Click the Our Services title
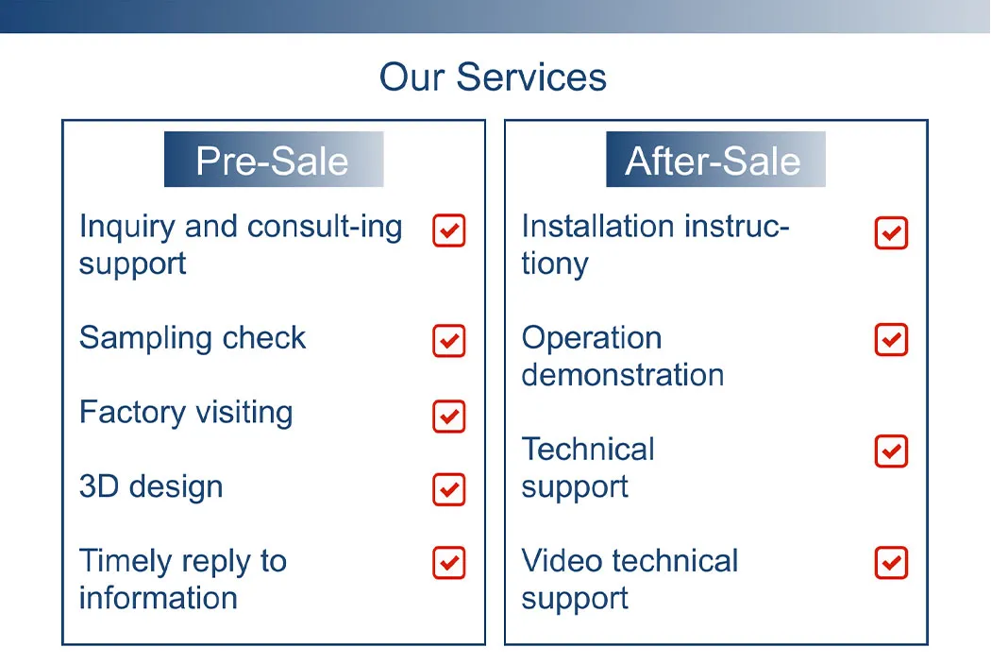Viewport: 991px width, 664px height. pyautogui.click(x=493, y=77)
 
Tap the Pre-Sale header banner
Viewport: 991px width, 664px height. pyautogui.click(x=273, y=161)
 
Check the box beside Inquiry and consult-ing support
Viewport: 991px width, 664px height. pyautogui.click(x=449, y=230)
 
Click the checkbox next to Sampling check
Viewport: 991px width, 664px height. pyautogui.click(x=449, y=341)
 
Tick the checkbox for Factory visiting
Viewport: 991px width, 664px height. pyautogui.click(x=449, y=416)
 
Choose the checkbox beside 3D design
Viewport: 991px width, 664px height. pyautogui.click(x=449, y=489)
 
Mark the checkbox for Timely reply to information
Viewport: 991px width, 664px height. pyautogui.click(x=449, y=563)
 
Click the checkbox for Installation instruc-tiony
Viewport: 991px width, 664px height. pyautogui.click(x=891, y=232)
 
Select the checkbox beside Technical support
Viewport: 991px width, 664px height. pyautogui.click(x=891, y=451)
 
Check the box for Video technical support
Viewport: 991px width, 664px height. pyautogui.click(x=891, y=563)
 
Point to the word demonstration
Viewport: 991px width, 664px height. pyautogui.click(x=622, y=376)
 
